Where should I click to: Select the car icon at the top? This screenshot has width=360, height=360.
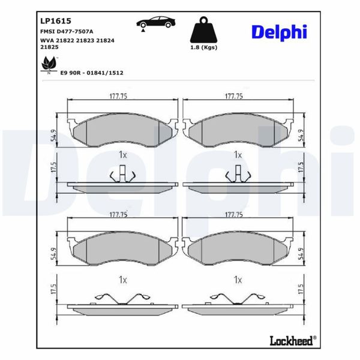[x=155, y=23]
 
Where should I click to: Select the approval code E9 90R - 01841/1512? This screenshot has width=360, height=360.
[x=91, y=72]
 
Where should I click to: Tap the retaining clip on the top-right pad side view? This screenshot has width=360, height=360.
[x=238, y=175]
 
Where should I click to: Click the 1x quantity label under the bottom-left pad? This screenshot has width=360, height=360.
[x=122, y=280]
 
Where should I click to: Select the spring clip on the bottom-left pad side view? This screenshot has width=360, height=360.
[x=122, y=298]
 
